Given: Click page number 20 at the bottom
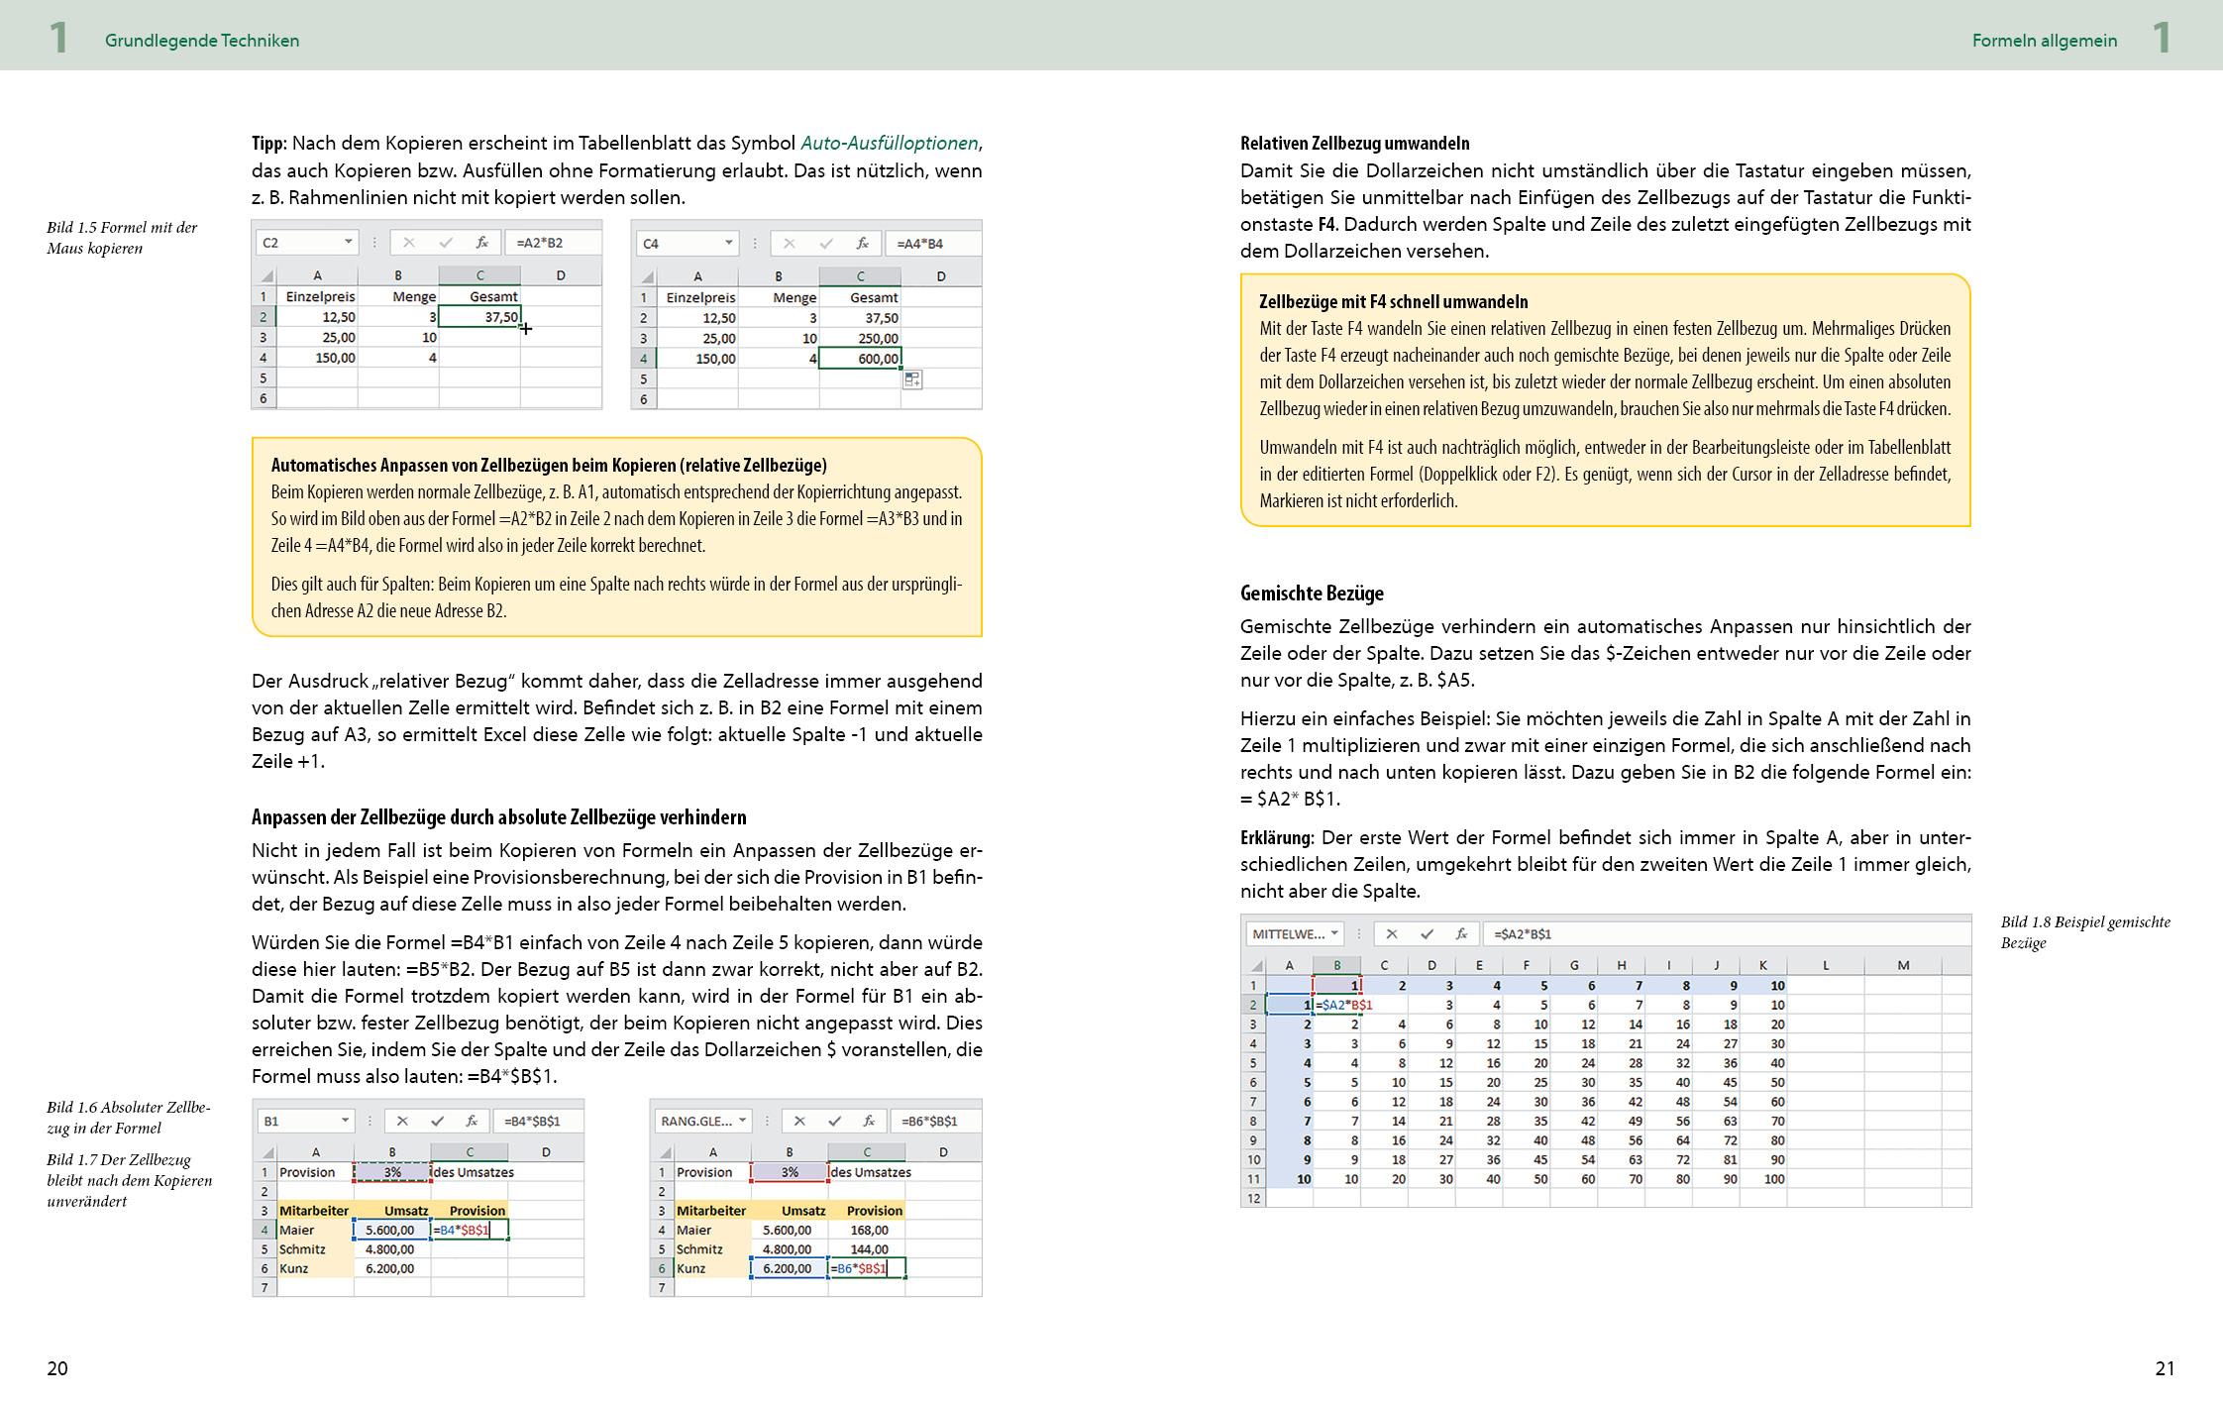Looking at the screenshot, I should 57,1368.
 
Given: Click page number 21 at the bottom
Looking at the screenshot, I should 2165,1368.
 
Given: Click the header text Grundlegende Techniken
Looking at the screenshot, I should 202,41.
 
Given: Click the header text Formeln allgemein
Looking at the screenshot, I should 2044,41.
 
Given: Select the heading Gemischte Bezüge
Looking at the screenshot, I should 1312,593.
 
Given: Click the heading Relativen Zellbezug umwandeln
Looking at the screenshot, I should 1354,143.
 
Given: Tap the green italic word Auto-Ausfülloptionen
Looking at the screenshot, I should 889,143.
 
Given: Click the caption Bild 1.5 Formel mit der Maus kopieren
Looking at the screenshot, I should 122,237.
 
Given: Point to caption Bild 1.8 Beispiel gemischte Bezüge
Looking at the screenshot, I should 2084,931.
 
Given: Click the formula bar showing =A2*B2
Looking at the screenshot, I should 550,243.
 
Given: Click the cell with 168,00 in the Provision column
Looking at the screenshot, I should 869,1230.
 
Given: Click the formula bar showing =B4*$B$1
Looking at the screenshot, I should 536,1121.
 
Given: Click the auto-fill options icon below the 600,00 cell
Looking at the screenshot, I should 912,379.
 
